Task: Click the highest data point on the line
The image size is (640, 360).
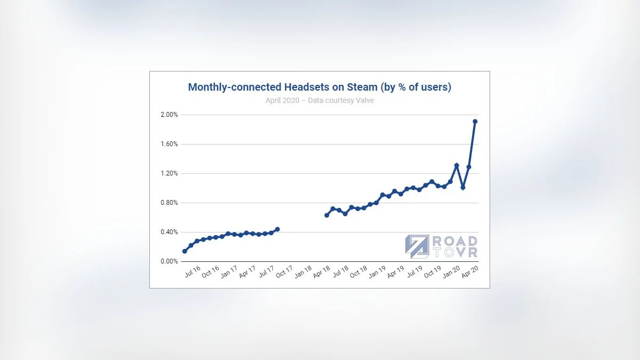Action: pyautogui.click(x=475, y=121)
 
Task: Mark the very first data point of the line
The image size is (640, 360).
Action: pyautogui.click(x=185, y=251)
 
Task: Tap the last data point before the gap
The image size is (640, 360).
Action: pyautogui.click(x=277, y=229)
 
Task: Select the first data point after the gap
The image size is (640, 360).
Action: pyautogui.click(x=326, y=215)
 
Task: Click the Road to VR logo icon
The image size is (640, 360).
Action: pyautogui.click(x=415, y=246)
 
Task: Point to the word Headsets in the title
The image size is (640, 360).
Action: pyautogui.click(x=290, y=87)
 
